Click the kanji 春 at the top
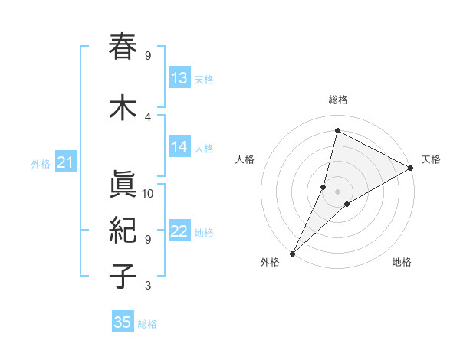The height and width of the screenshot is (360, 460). pyautogui.click(x=123, y=47)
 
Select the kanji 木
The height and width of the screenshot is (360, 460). pyautogui.click(x=123, y=108)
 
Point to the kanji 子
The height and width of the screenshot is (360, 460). pyautogui.click(x=123, y=277)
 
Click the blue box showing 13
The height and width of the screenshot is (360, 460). pyautogui.click(x=179, y=78)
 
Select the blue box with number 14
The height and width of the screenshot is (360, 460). pyautogui.click(x=179, y=148)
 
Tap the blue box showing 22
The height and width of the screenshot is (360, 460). pyautogui.click(x=179, y=232)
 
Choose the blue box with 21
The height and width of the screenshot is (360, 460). pyautogui.click(x=65, y=162)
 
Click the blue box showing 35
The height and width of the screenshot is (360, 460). pyautogui.click(x=123, y=322)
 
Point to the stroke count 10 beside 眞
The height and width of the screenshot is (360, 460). pyautogui.click(x=148, y=194)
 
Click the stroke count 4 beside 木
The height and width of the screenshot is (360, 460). pyautogui.click(x=148, y=116)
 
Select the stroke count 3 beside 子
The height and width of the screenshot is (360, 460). pyautogui.click(x=148, y=286)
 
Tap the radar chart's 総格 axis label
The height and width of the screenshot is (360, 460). pyautogui.click(x=337, y=100)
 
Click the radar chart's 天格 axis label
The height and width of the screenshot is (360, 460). pyautogui.click(x=431, y=159)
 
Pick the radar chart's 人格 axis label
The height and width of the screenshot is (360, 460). pyautogui.click(x=245, y=159)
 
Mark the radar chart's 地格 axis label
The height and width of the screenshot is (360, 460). pyautogui.click(x=402, y=262)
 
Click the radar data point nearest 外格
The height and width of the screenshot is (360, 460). pyautogui.click(x=292, y=253)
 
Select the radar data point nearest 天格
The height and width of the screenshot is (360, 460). pyautogui.click(x=411, y=168)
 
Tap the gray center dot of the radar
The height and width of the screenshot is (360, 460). pyautogui.click(x=337, y=191)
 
